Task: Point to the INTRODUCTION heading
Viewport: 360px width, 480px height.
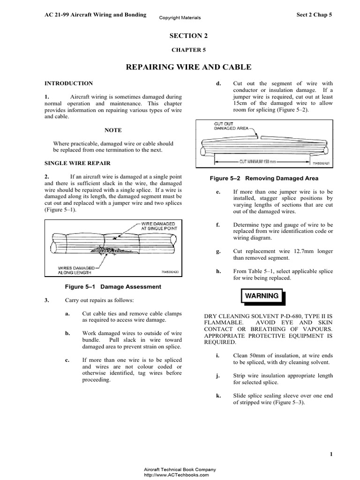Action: coord(68,83)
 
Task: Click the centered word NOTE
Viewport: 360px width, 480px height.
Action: coord(113,130)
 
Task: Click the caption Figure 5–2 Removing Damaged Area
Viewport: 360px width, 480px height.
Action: coord(263,179)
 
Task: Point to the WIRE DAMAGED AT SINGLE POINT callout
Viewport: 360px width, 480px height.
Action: coord(158,227)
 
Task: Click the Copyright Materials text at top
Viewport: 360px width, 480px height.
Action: coord(180,18)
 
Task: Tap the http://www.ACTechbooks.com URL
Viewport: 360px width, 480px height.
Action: coord(180,474)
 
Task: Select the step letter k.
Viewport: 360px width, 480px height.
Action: coord(218,396)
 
